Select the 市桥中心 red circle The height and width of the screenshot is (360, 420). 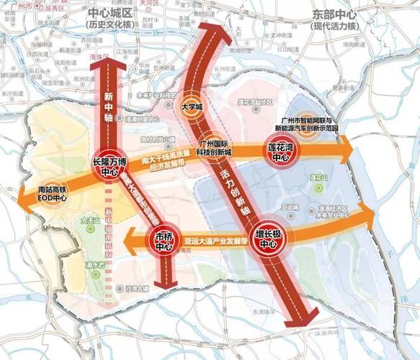pos(163,242)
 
